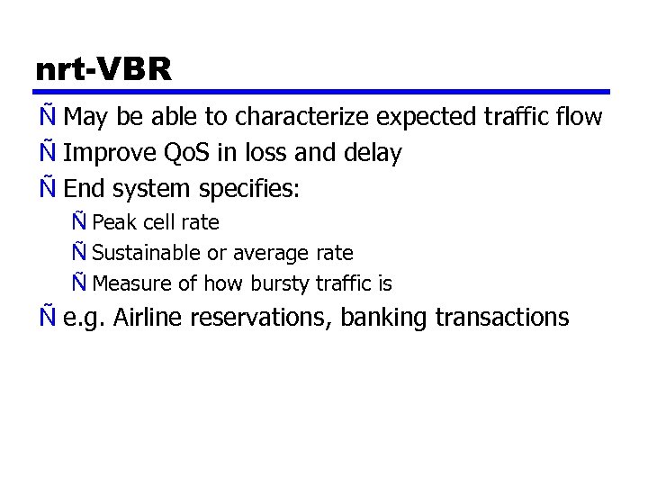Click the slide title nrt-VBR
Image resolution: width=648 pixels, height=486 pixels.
coord(103,70)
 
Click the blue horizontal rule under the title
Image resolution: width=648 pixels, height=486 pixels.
coord(323,92)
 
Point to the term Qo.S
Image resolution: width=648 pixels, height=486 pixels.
coord(186,154)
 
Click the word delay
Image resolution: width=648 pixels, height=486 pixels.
coord(372,154)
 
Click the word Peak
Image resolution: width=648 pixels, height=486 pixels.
coord(113,222)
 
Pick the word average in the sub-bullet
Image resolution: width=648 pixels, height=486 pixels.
coord(267,254)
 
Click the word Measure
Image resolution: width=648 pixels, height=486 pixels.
coord(131,284)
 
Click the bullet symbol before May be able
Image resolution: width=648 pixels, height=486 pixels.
coord(46,118)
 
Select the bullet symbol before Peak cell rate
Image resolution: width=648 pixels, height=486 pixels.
coord(80,222)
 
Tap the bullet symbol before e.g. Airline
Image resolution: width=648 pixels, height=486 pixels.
coord(46,318)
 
